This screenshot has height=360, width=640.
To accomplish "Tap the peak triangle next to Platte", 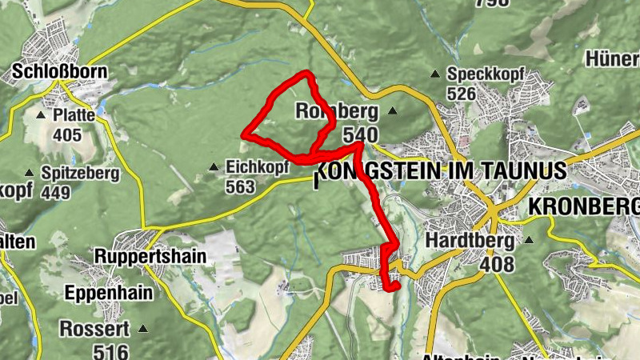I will pos(41,115).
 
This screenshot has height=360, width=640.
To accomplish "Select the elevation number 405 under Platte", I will pos(67,134).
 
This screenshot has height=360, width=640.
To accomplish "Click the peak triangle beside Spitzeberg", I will pos(30,172).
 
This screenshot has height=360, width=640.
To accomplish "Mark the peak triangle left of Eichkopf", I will pos(213,167).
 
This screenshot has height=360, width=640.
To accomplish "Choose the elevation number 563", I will pos(240,187).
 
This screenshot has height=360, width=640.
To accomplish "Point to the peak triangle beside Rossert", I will pos(143,328).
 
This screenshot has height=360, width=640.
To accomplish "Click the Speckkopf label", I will pos(486,74).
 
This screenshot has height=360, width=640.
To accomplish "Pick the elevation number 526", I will pos(462,94).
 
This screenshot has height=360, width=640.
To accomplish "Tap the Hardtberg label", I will pos(470,240).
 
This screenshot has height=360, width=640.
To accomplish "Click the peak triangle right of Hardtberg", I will pos(529,240).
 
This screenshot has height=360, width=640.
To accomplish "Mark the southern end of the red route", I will pos(394,286).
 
